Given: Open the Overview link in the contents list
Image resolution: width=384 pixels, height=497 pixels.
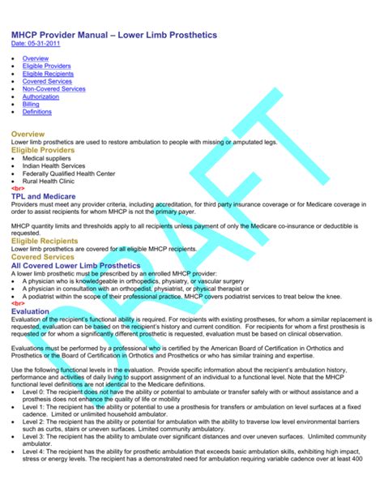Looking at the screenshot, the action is click(x=35, y=59).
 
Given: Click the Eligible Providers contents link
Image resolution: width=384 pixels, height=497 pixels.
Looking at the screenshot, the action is click(x=46, y=66).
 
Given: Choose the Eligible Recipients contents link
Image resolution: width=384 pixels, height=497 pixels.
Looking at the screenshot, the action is click(x=47, y=74).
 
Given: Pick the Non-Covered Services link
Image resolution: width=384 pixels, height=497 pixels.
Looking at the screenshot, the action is click(x=53, y=88).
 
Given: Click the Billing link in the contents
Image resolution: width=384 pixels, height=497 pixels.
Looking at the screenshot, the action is click(x=31, y=104).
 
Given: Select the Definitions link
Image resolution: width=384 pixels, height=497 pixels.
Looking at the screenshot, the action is click(x=37, y=111).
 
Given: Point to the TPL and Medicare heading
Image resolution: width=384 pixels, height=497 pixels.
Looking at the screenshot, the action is click(x=44, y=196).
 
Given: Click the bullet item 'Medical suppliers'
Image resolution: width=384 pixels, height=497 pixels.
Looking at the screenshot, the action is click(x=48, y=158).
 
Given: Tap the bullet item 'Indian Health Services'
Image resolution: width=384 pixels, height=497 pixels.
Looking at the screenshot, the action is click(x=54, y=165).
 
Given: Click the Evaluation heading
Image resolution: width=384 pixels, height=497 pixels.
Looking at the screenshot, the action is click(x=31, y=311).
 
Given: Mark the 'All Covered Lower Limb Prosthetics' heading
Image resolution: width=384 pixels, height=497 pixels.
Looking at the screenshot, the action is click(x=76, y=264).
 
